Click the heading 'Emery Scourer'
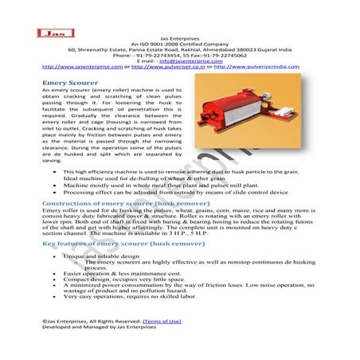click(x=69, y=82)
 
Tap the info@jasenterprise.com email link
click(x=190, y=61)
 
